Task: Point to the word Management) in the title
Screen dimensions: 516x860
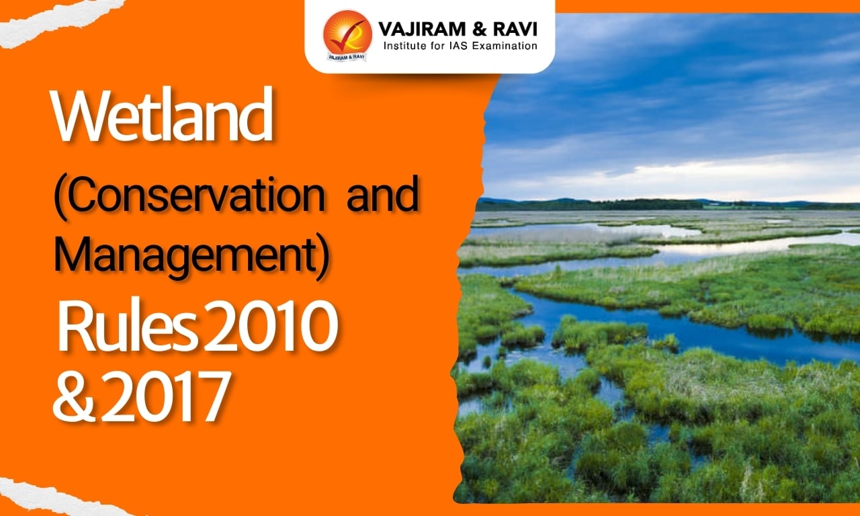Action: coord(191,257)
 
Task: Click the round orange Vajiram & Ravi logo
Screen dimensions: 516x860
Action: coord(347,35)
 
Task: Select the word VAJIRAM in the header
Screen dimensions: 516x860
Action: coord(417,30)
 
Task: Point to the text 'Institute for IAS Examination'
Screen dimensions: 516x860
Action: coord(460,46)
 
